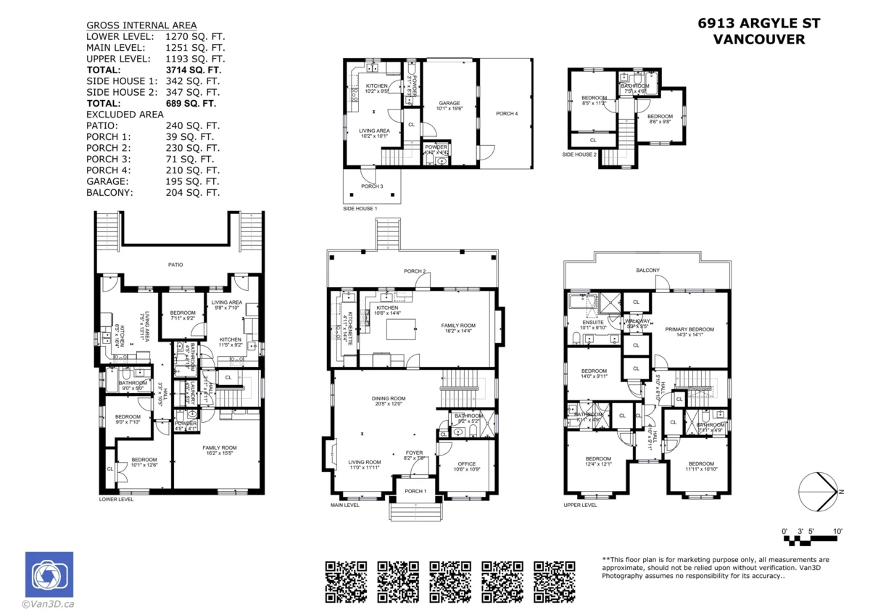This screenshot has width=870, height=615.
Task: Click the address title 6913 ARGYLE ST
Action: [x=759, y=23]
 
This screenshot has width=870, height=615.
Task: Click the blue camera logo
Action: [x=49, y=574]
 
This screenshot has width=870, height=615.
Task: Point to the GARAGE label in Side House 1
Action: [x=449, y=104]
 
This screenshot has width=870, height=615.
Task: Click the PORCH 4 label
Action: [x=507, y=114]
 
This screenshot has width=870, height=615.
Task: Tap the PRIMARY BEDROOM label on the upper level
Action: [x=689, y=329]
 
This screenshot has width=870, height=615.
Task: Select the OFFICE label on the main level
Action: [x=467, y=464]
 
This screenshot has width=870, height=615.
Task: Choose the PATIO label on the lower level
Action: [x=175, y=265]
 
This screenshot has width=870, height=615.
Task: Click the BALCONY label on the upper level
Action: [x=648, y=271]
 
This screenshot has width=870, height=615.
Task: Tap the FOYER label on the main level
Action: [x=413, y=453]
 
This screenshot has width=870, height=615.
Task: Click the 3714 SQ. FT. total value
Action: [x=194, y=70]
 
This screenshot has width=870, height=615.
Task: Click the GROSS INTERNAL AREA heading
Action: [x=141, y=25]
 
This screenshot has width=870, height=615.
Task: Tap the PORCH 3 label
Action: [x=371, y=186]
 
